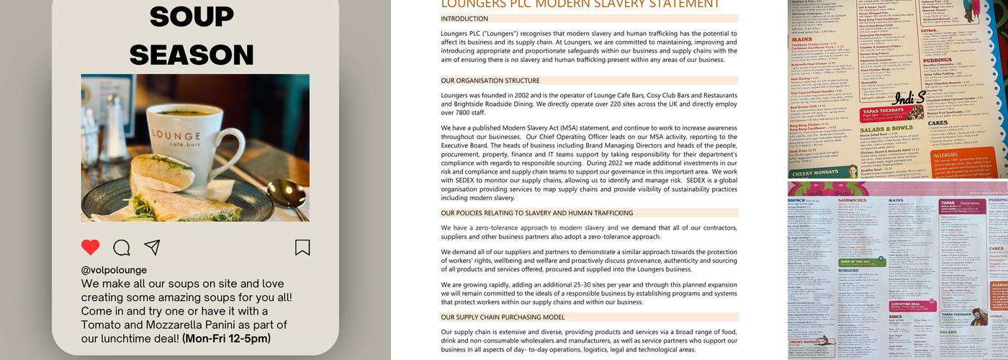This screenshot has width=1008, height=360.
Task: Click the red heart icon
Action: (90, 248)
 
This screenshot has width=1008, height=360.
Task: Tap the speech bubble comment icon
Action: (122, 248)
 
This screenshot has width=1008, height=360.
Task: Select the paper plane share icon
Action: (152, 248)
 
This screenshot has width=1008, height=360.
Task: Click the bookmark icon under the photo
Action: (302, 248)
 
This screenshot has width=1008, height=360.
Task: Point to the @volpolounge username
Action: (114, 270)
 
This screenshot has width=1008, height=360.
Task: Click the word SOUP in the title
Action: (192, 17)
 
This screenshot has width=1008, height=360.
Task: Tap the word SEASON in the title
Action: (192, 55)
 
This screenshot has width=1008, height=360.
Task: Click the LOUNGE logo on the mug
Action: (176, 136)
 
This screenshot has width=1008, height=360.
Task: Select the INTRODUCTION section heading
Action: (464, 19)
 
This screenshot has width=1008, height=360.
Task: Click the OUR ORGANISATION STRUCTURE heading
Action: (490, 81)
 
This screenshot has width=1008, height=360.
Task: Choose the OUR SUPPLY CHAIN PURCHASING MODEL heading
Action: (503, 317)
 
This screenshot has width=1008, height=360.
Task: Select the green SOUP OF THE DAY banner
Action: (862, 262)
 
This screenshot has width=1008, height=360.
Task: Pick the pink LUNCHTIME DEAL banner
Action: (912, 305)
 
